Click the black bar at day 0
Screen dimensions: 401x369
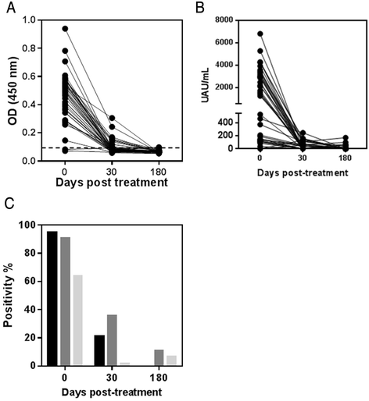click(52, 298)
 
